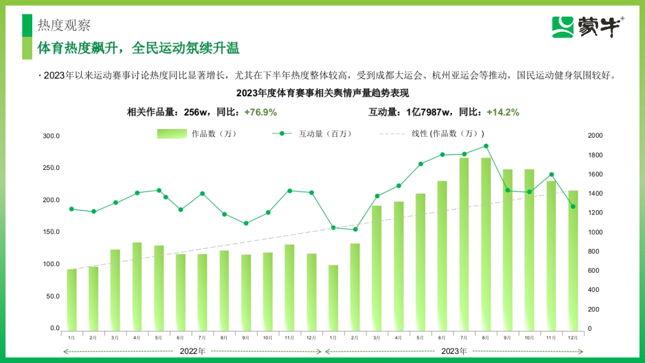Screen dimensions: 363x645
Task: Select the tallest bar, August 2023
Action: coord(485,242)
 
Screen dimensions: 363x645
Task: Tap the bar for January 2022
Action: coord(71,299)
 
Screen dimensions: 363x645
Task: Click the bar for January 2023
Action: coord(333,297)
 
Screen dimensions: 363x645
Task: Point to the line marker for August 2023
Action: coord(485,146)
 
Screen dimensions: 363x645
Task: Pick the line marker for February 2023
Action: coord(355,230)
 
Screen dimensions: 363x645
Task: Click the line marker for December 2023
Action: coord(573,207)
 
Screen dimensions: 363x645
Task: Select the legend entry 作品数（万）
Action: coord(197,134)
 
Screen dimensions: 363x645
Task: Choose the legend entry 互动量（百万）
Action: coord(311,134)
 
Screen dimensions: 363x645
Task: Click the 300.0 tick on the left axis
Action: coord(52,136)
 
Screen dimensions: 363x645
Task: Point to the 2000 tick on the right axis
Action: coord(596,136)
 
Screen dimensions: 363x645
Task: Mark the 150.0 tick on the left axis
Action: coord(52,232)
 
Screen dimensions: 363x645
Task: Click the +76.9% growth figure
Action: coord(260,112)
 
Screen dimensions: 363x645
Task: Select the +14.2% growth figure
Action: coord(503,112)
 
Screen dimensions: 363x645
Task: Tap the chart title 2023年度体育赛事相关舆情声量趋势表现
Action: coord(322,93)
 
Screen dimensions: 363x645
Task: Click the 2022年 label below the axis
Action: coord(192,352)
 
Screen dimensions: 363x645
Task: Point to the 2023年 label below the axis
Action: coord(454,352)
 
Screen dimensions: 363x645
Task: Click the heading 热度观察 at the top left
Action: coord(64,25)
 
